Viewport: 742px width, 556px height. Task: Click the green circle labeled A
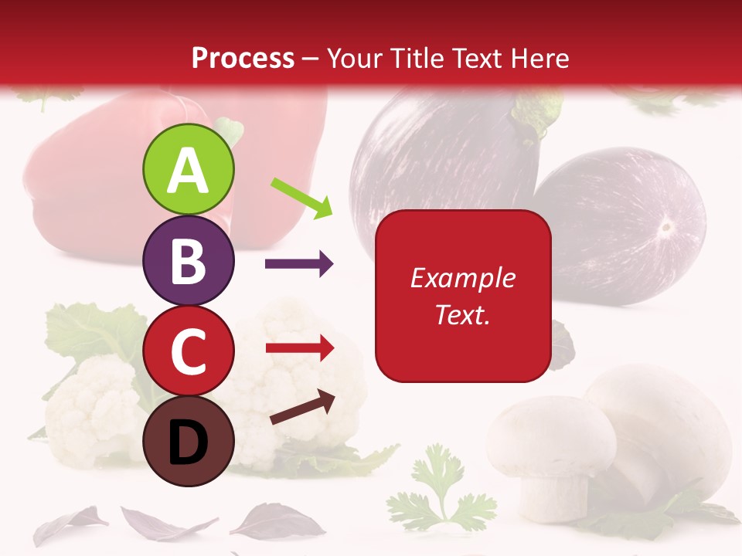[x=188, y=170]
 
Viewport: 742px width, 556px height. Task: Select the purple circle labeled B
[x=188, y=261]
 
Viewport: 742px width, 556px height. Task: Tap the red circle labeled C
[x=188, y=351]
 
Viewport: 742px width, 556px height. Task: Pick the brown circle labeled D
[x=188, y=441]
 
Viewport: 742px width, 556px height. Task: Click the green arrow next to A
[x=302, y=198]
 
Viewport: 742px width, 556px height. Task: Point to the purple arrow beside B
[x=299, y=264]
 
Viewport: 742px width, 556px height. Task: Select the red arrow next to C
[x=300, y=347]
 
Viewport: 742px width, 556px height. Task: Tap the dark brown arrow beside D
[x=304, y=407]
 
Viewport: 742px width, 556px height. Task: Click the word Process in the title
[x=243, y=58]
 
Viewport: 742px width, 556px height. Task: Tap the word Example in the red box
[x=462, y=278]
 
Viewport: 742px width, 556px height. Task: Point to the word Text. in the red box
[x=462, y=314]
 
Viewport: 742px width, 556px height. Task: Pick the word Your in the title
[x=354, y=58]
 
